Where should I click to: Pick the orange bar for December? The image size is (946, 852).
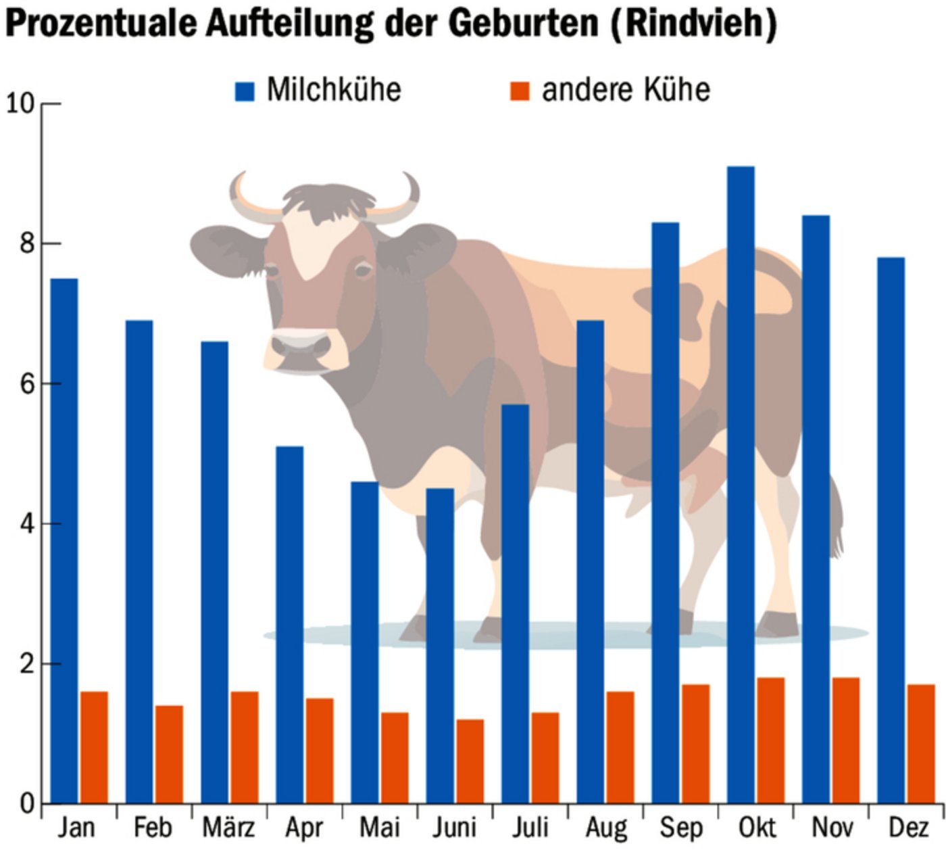point(921,743)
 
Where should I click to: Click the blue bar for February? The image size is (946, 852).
point(139,561)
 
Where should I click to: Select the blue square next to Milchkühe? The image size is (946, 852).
point(245,91)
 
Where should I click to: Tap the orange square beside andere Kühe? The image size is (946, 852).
point(520,91)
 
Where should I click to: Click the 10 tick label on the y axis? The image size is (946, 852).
point(20,103)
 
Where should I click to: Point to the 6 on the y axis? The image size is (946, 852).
point(26,384)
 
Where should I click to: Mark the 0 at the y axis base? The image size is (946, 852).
point(26,804)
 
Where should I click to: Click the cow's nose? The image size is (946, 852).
point(301,346)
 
